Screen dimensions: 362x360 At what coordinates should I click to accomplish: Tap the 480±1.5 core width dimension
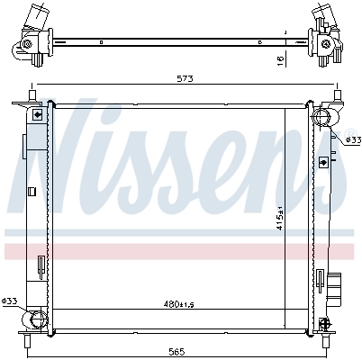pos(178,304)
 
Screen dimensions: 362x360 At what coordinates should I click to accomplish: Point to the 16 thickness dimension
pos(280,60)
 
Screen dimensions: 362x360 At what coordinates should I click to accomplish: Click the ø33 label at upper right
pos(353,139)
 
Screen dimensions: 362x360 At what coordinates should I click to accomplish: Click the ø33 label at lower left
pos(9,301)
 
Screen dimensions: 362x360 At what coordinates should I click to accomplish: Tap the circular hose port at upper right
pos(321,117)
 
